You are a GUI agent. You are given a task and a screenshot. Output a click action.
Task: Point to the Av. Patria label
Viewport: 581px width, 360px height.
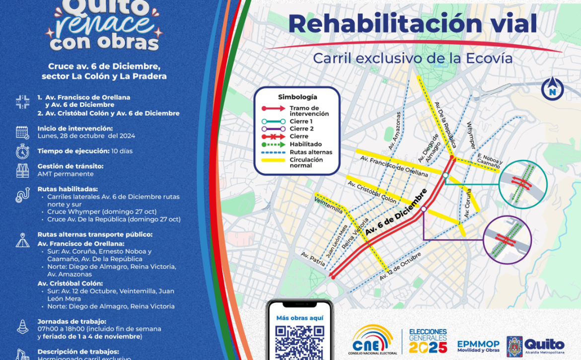[312, 261]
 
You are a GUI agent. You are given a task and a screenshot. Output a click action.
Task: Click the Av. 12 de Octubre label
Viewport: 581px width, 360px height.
[400, 266]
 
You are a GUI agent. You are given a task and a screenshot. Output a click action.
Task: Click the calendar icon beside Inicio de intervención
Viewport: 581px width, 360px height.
[22, 132]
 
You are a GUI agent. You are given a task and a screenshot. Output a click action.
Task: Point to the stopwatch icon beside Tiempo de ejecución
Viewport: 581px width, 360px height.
[22, 151]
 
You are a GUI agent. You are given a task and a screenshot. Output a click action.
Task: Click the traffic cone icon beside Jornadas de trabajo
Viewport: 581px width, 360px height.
[22, 326]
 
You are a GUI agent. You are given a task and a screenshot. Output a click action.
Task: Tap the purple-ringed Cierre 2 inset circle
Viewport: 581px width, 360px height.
[507, 240]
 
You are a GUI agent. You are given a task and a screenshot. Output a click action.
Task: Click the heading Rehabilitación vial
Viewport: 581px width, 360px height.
[413, 23]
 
